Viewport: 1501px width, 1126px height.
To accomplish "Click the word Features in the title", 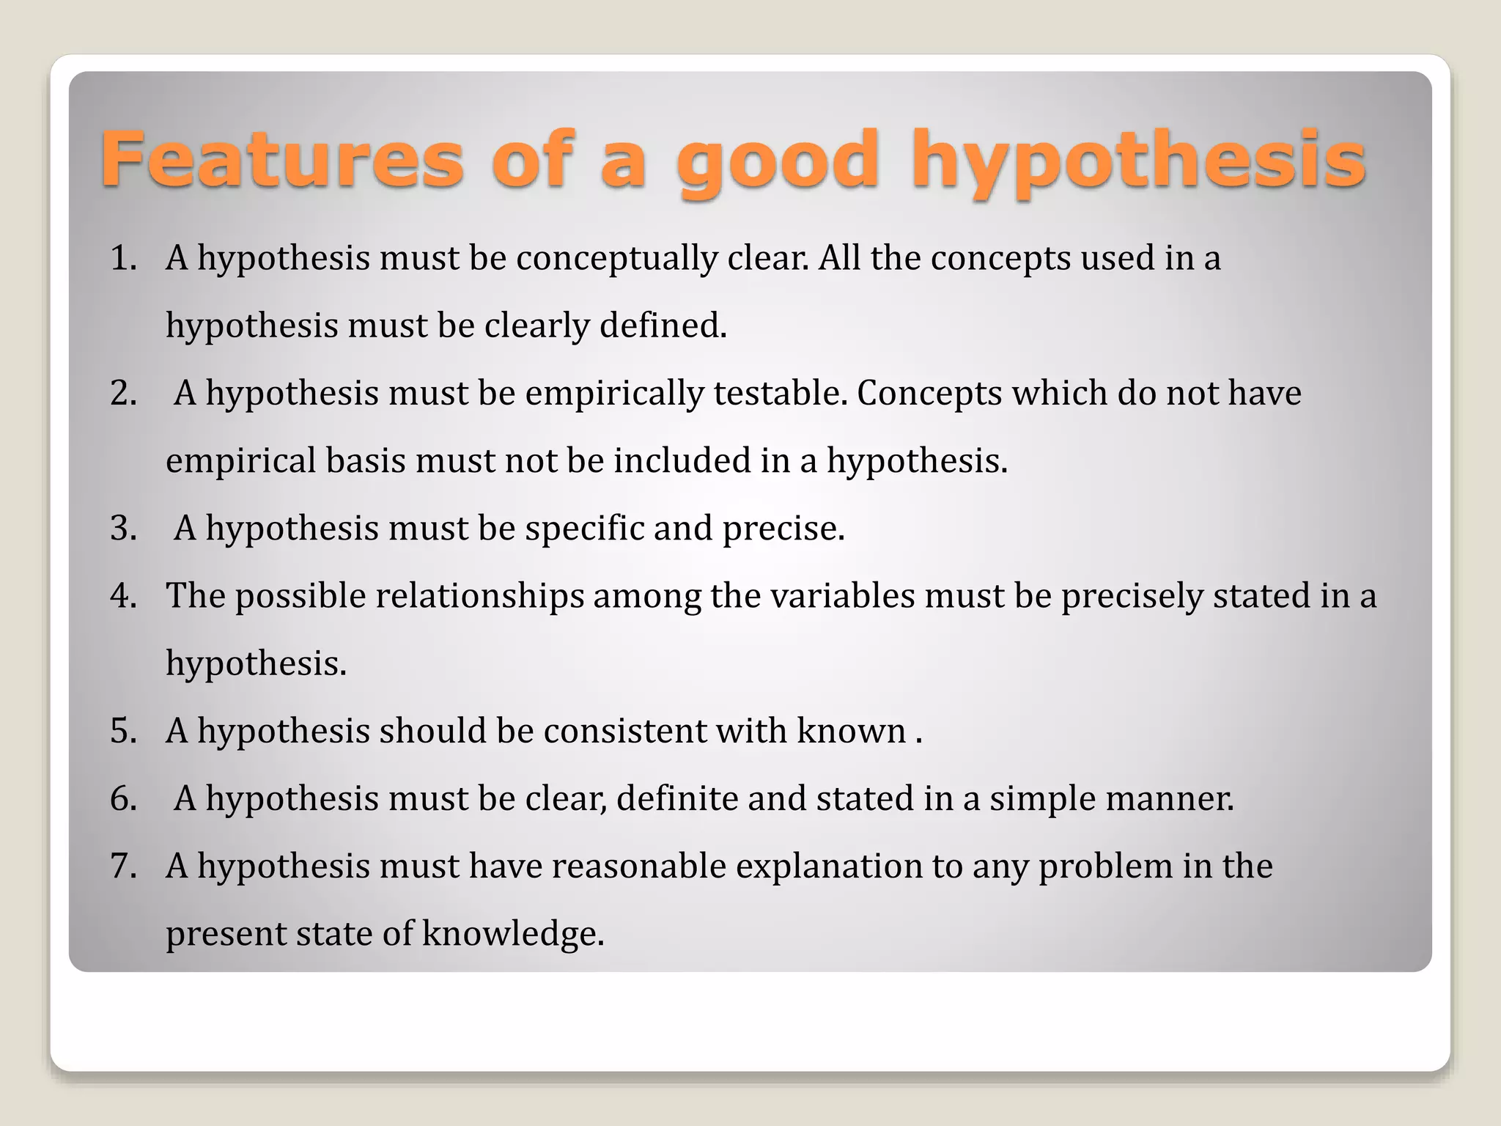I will coord(282,158).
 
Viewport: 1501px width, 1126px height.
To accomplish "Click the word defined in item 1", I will coord(663,325).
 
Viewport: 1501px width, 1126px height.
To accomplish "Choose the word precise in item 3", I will coord(783,529).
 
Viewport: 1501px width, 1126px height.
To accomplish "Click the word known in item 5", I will coord(851,731).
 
